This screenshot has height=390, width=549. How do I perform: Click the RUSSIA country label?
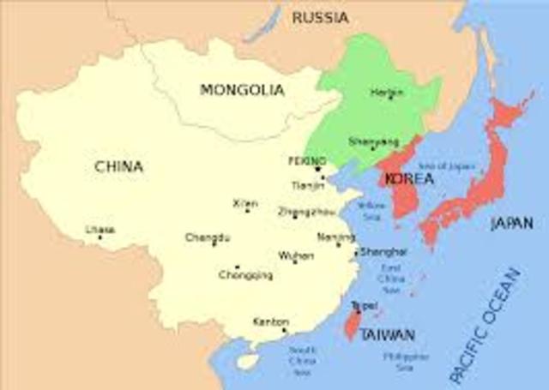[320, 17]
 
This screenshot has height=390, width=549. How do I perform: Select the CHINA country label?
[119, 166]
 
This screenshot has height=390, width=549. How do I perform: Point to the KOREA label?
[409, 179]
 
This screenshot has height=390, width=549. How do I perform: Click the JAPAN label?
[511, 224]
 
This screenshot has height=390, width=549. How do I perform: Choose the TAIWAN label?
[388, 334]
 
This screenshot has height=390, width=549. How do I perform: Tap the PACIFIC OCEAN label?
[486, 326]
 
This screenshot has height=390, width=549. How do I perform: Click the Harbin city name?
[387, 92]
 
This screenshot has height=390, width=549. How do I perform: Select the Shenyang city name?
[374, 141]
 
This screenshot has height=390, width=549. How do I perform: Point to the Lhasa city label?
[100, 230]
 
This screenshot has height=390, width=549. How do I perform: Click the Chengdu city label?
[207, 237]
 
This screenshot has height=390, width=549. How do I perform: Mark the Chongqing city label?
[245, 275]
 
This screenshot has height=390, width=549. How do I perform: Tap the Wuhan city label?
[295, 255]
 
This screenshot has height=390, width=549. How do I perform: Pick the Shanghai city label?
[383, 251]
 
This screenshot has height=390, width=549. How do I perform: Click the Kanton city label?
[270, 321]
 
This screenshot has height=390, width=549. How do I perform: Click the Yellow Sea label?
[371, 212]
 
